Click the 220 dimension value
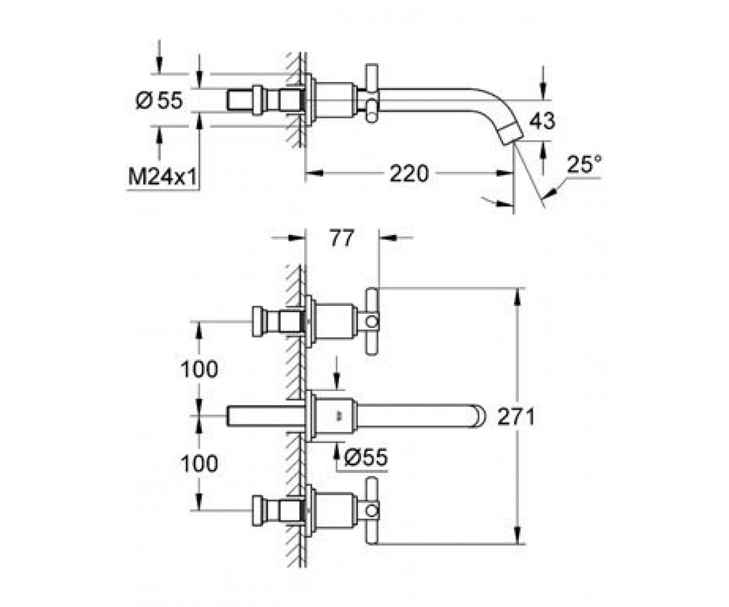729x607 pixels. click(409, 174)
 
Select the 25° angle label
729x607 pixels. click(584, 164)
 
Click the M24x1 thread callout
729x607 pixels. click(162, 177)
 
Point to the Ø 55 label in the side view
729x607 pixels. click(159, 101)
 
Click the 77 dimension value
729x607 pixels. click(342, 239)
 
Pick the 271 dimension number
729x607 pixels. click(516, 416)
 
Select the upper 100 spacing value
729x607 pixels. click(199, 369)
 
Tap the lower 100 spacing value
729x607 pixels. click(199, 464)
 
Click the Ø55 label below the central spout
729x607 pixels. click(366, 457)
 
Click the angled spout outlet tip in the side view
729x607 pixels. click(512, 136)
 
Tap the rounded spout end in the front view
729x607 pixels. click(480, 416)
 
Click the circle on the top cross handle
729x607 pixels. click(372, 322)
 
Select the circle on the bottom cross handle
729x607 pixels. click(372, 512)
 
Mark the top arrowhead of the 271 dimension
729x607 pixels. click(518, 296)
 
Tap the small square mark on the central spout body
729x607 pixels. click(337, 416)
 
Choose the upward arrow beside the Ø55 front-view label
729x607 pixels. click(337, 452)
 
